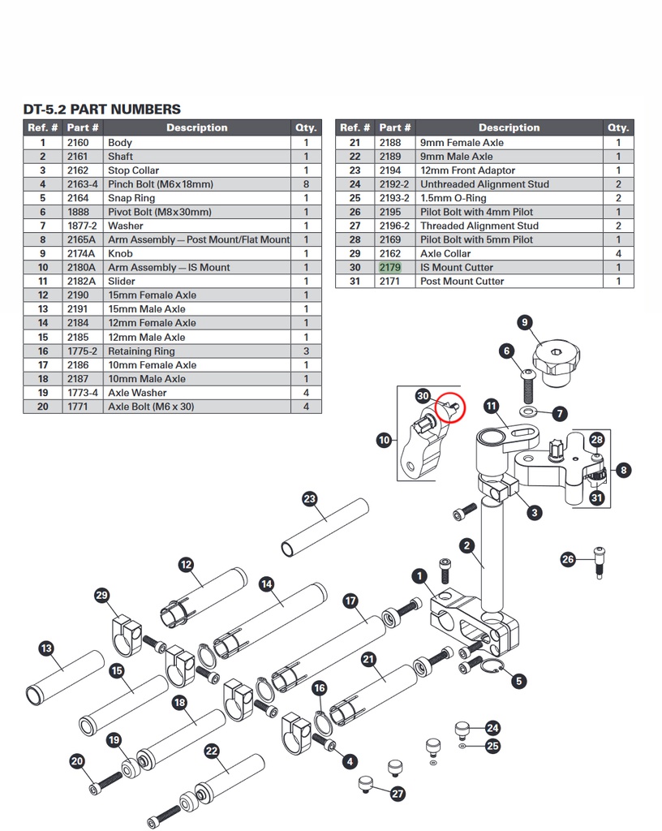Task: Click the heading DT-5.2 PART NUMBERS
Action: click(x=101, y=110)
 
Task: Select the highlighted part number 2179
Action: click(x=389, y=267)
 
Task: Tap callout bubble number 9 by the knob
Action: click(x=525, y=323)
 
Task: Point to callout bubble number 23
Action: click(x=309, y=498)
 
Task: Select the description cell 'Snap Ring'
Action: click(x=131, y=198)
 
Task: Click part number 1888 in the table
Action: click(x=78, y=212)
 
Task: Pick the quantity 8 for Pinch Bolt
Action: click(x=306, y=184)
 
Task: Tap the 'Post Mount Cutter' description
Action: click(x=462, y=281)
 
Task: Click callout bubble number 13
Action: click(x=45, y=648)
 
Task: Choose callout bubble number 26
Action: click(x=569, y=559)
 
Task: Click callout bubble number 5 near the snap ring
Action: click(x=518, y=681)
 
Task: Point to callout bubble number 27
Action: click(x=398, y=794)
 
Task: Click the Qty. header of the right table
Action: click(x=618, y=127)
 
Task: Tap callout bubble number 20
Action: click(x=77, y=761)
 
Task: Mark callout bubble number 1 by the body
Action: click(x=419, y=577)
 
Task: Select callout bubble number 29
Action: click(x=101, y=596)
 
